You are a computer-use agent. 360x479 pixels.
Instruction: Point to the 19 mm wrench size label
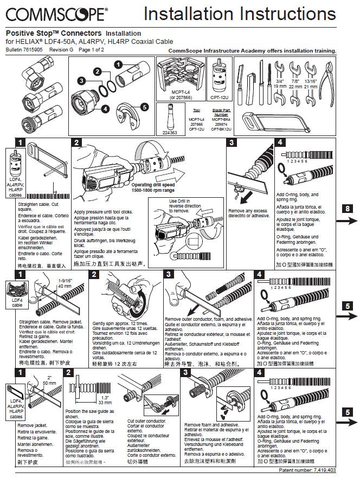pos(279,86)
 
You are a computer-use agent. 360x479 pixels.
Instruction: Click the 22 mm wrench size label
pos(295,86)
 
